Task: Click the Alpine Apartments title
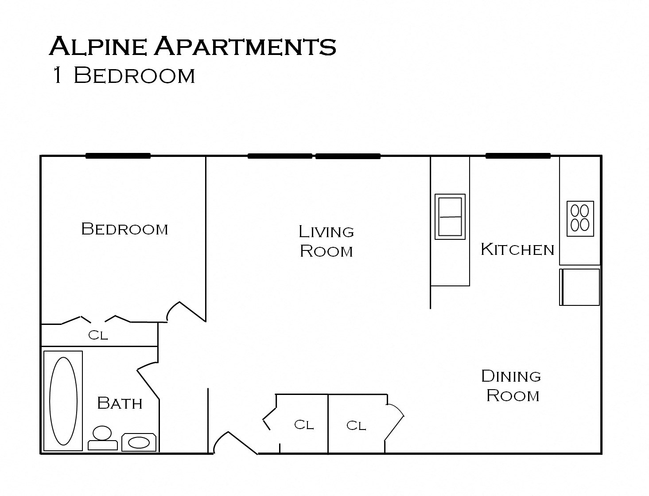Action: click(x=193, y=46)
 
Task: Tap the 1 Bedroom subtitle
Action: click(x=123, y=75)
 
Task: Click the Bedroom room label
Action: click(x=124, y=229)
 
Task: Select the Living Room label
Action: click(x=326, y=241)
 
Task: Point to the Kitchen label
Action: click(x=517, y=250)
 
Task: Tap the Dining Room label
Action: click(x=512, y=386)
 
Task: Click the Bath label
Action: click(x=120, y=403)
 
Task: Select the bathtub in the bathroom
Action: click(x=63, y=401)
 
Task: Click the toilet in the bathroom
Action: click(x=102, y=437)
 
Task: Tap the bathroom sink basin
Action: click(x=139, y=442)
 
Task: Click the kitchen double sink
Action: click(x=450, y=216)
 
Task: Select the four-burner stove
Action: click(x=580, y=218)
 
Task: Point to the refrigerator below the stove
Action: click(x=579, y=287)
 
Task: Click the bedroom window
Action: click(x=118, y=156)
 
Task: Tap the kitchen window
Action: click(x=518, y=156)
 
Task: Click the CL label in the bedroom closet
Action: click(x=98, y=335)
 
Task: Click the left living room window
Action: click(x=280, y=156)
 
